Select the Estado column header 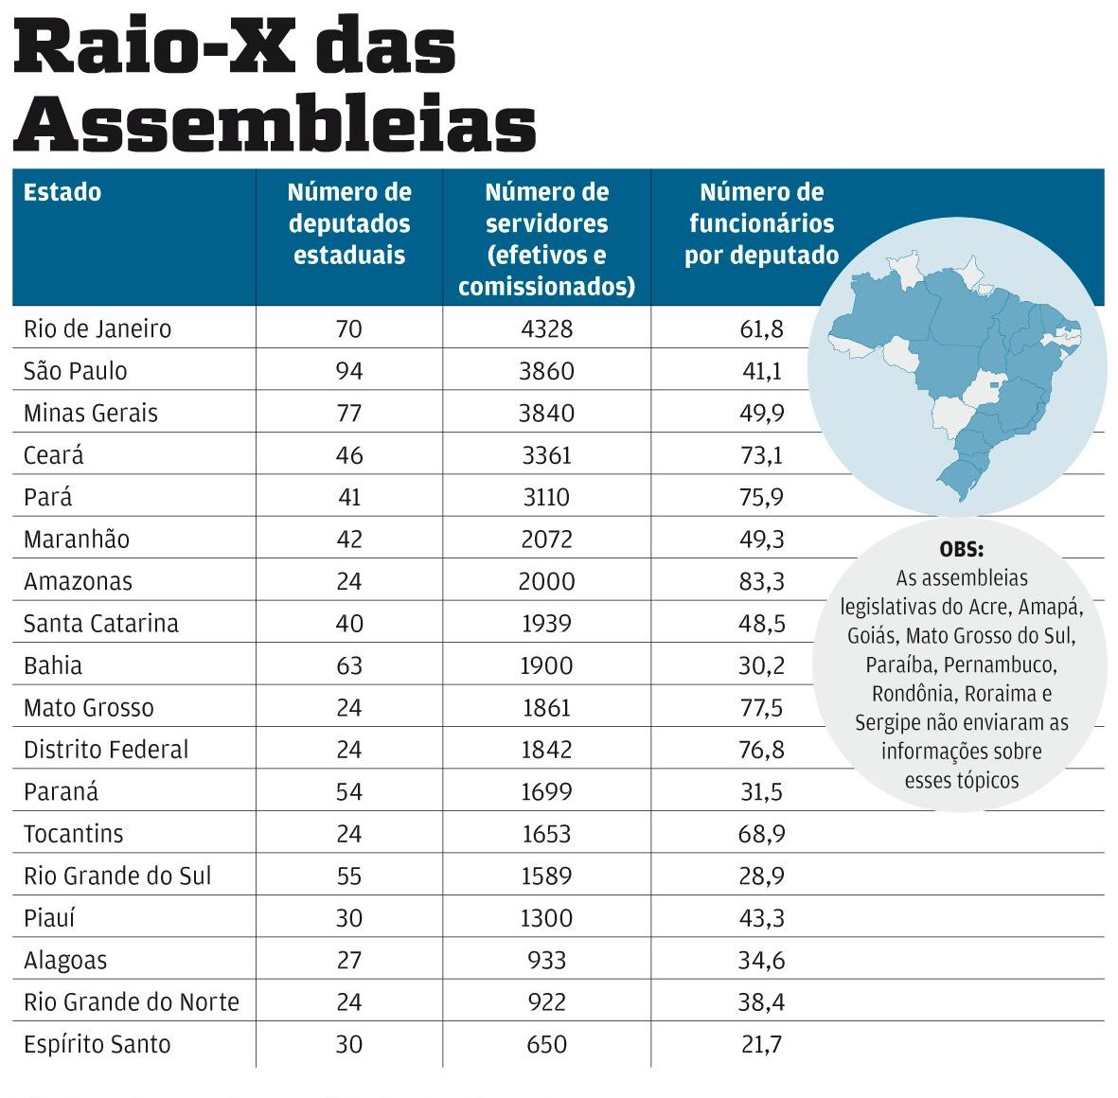[62, 192]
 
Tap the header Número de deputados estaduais [349, 224]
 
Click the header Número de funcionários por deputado [761, 224]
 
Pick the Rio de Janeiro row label [98, 328]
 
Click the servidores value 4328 [546, 328]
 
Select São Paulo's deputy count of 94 [349, 371]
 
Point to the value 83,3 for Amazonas [762, 581]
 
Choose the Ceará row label [54, 455]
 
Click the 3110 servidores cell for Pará [546, 497]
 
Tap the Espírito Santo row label [98, 1044]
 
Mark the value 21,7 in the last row [762, 1044]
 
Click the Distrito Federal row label [106, 750]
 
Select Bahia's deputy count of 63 [349, 665]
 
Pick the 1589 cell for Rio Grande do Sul [546, 876]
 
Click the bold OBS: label [961, 549]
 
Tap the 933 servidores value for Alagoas [546, 960]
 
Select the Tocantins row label [74, 834]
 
